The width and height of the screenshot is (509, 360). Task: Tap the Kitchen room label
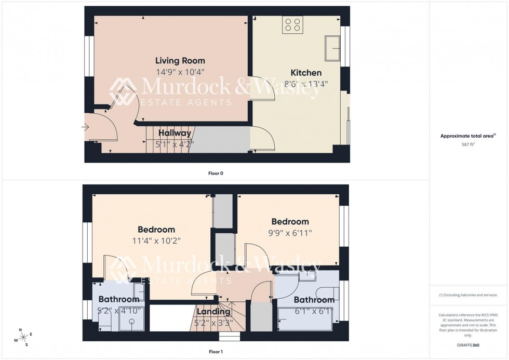pyautogui.click(x=306, y=73)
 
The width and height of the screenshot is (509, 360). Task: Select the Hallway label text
pyautogui.click(x=175, y=133)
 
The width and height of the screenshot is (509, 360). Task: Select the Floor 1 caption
pyautogui.click(x=215, y=352)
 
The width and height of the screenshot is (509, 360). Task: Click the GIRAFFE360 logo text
pyautogui.click(x=468, y=345)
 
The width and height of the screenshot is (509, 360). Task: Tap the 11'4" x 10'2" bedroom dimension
pyautogui.click(x=156, y=241)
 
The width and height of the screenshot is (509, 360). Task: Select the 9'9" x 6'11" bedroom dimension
pyautogui.click(x=289, y=233)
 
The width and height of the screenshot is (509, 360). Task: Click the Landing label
pyautogui.click(x=213, y=312)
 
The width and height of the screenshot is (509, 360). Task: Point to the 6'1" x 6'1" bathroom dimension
pyautogui.click(x=314, y=311)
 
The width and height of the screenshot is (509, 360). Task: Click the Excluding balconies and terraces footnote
pyautogui.click(x=468, y=295)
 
